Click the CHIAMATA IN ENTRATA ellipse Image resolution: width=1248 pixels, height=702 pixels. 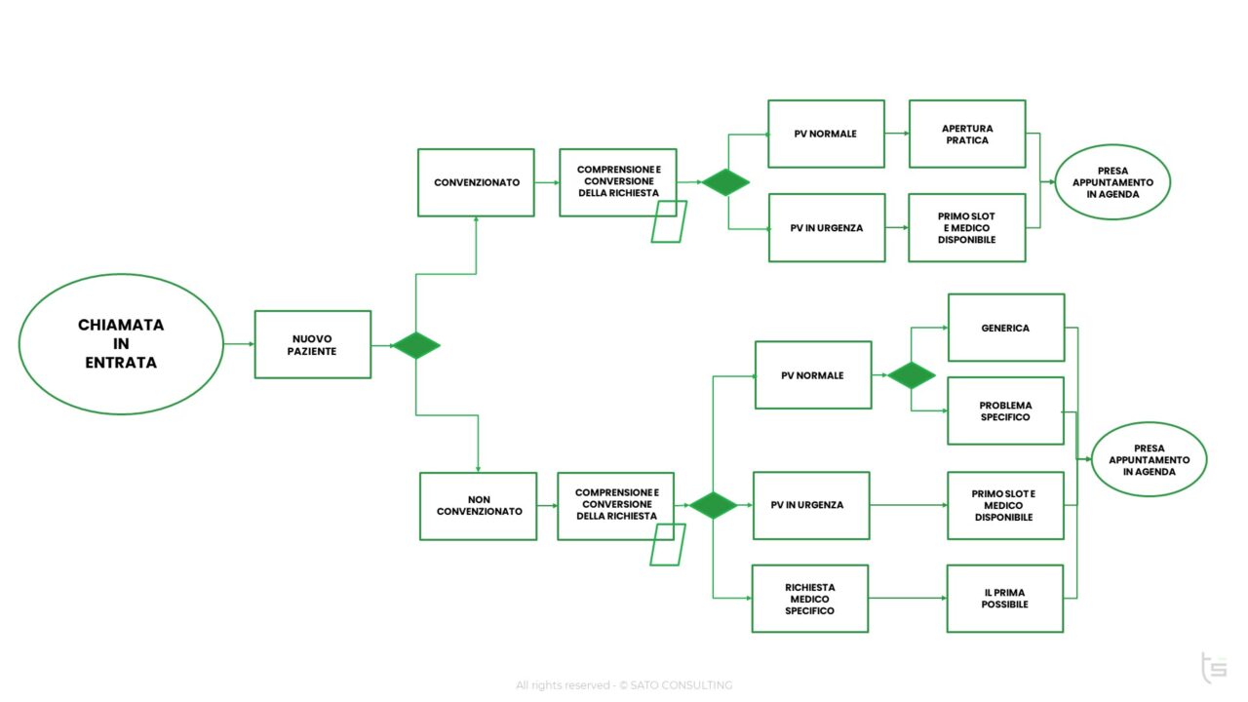(121, 343)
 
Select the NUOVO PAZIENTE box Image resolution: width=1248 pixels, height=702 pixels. (312, 344)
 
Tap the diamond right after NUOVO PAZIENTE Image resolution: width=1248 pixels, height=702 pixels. (416, 345)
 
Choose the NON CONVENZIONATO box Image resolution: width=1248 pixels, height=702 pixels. (478, 506)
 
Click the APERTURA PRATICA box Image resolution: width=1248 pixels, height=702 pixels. (966, 134)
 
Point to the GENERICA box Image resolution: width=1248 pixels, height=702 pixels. (1005, 328)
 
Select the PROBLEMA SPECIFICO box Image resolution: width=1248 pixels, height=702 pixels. (1005, 410)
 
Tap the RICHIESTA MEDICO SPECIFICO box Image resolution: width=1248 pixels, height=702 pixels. (809, 599)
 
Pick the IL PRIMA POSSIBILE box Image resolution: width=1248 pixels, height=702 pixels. (1004, 599)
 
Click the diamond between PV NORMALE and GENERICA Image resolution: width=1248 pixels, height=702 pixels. (912, 375)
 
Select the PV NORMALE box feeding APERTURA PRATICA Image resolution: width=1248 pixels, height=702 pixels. (826, 134)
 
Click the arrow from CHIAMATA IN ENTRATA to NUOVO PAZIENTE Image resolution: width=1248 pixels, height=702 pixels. (239, 344)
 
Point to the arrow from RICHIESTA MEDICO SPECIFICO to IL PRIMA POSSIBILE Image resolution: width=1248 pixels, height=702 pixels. (907, 598)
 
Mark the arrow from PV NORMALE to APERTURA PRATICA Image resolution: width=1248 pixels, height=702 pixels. (896, 134)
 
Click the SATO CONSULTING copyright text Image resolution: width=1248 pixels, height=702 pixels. (624, 685)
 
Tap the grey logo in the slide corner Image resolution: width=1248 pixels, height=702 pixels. (1213, 668)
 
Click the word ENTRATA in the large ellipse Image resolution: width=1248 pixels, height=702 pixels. (121, 363)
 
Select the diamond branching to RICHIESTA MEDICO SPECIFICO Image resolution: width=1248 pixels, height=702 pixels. (713, 505)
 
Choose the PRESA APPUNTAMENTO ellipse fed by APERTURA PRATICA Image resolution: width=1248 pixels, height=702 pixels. (1112, 182)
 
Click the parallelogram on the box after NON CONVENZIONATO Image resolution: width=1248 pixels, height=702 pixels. (668, 544)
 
